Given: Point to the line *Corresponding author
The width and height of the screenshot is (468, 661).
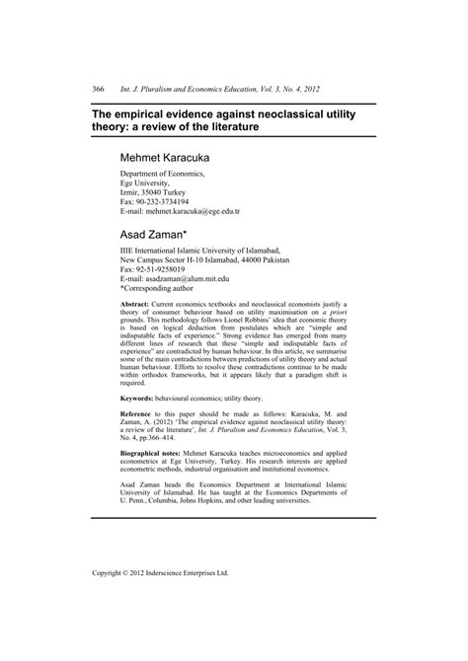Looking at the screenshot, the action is click(x=163, y=291).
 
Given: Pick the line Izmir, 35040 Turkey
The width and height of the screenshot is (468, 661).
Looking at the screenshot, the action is click(x=160, y=191).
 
